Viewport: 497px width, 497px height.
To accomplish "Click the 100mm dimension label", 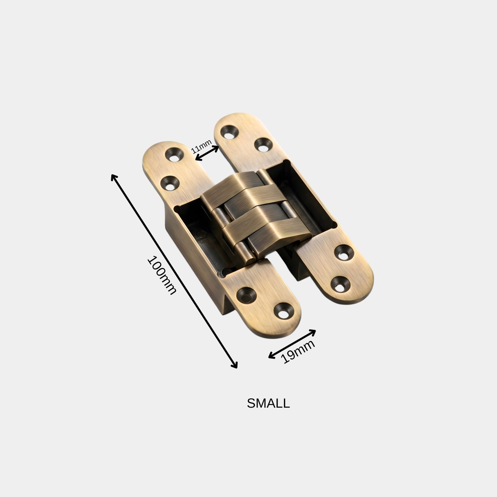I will (x=162, y=275).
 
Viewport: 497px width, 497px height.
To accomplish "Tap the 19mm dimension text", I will (x=298, y=352).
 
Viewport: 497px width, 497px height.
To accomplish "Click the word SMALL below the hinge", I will (x=268, y=404).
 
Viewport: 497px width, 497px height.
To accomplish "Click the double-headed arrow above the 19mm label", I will (x=292, y=344).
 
